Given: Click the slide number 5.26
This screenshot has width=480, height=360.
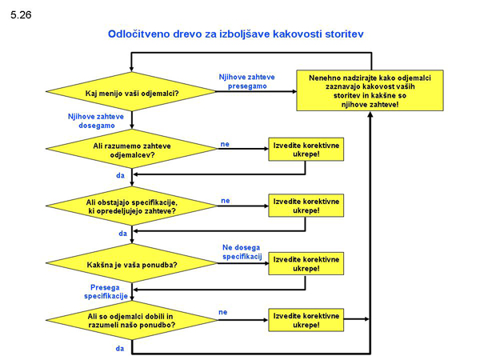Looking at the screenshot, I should pyautogui.click(x=22, y=14).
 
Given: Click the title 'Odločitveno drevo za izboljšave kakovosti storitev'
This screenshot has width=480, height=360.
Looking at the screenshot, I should pyautogui.click(x=235, y=35).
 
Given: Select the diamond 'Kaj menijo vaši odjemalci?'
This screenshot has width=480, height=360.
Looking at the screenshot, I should pyautogui.click(x=131, y=94).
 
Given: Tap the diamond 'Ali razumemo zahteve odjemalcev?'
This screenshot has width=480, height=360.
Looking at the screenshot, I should pyautogui.click(x=131, y=150).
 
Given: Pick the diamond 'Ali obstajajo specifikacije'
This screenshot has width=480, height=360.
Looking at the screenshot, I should pyautogui.click(x=131, y=206).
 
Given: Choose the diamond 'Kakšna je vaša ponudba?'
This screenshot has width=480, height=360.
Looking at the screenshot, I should pyautogui.click(x=131, y=264).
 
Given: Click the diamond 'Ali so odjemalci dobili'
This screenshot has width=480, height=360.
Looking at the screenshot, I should pyautogui.click(x=131, y=321).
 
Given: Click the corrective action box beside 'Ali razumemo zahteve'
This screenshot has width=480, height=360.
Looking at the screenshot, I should pyautogui.click(x=306, y=149).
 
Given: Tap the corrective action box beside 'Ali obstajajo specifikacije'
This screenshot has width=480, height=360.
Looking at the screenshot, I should pyautogui.click(x=306, y=206).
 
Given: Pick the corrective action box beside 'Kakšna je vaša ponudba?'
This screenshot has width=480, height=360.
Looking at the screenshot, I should pyautogui.click(x=306, y=263).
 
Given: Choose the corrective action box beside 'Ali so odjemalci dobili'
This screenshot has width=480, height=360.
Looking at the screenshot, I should pyautogui.click(x=306, y=320).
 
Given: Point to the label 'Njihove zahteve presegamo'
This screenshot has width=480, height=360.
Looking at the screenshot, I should pyautogui.click(x=246, y=81).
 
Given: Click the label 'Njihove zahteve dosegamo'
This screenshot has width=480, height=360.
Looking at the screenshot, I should pyautogui.click(x=90, y=121).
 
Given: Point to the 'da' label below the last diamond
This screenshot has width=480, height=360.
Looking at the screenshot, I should pyautogui.click(x=118, y=349).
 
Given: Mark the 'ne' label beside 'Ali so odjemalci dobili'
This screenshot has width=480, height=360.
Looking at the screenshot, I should pyautogui.click(x=222, y=311).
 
